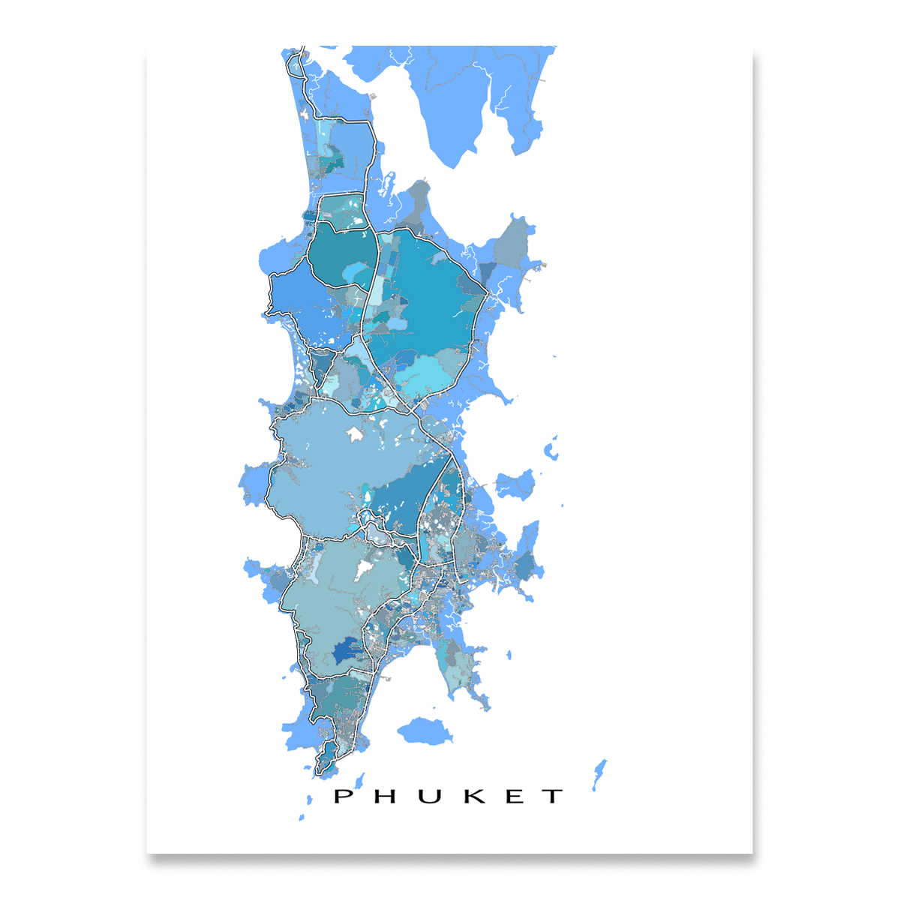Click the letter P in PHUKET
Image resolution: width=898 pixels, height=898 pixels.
[343, 796]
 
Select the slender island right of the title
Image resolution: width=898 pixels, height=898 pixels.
[599, 773]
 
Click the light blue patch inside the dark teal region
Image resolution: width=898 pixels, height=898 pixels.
[359, 275]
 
